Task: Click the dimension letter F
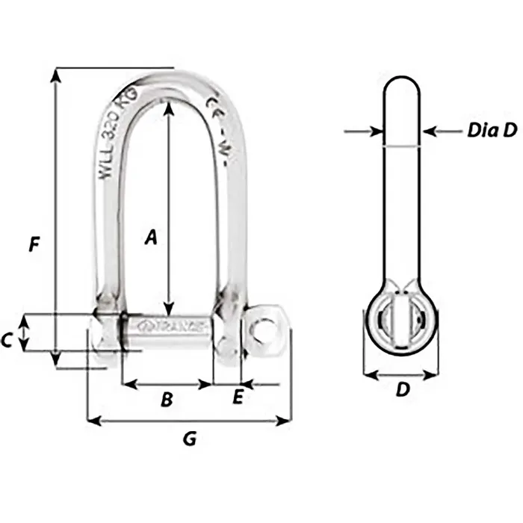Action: pyautogui.click(x=33, y=245)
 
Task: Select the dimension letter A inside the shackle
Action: pyautogui.click(x=150, y=238)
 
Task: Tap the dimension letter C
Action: pyautogui.click(x=7, y=341)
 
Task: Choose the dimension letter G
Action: pyautogui.click(x=190, y=439)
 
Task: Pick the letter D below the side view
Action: pyautogui.click(x=402, y=390)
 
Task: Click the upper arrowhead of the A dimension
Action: pyautogui.click(x=170, y=107)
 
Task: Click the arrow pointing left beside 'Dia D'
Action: pyautogui.click(x=432, y=131)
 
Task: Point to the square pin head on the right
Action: pyautogui.click(x=264, y=329)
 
